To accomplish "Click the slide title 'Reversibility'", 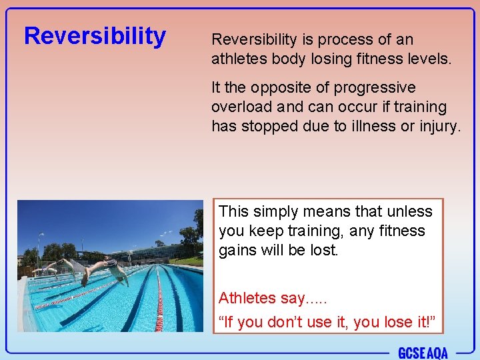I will click(x=95, y=35).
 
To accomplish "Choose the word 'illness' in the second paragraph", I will click(x=369, y=126).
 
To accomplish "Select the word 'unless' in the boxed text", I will click(x=409, y=211).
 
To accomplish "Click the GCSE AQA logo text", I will click(x=423, y=352).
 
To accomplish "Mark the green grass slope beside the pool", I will click(x=189, y=261).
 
